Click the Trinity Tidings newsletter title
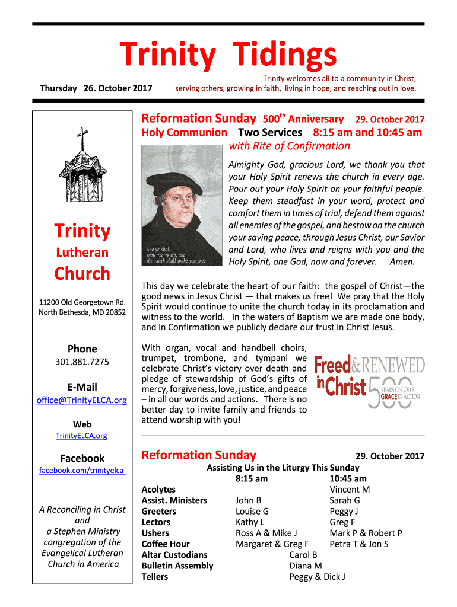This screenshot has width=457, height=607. click(229, 56)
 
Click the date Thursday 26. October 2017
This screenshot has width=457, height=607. click(96, 88)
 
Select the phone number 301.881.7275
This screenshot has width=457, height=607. click(82, 362)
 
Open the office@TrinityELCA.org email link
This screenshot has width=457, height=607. click(82, 400)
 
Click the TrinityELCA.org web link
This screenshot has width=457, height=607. click(81, 436)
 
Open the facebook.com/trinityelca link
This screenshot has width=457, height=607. click(82, 470)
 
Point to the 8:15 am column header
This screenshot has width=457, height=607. click(251, 478)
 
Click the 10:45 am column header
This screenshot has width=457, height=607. click(348, 478)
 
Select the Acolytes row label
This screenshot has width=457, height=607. click(158, 490)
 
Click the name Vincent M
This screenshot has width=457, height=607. click(350, 490)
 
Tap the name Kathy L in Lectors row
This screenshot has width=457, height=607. click(250, 522)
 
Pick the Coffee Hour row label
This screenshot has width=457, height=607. click(166, 544)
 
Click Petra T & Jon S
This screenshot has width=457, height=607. click(359, 544)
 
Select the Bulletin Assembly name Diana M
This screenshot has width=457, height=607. click(306, 566)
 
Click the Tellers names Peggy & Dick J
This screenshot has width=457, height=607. click(317, 577)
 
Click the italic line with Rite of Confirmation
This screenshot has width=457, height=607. click(289, 146)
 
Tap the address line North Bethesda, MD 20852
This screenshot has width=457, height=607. click(82, 312)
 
